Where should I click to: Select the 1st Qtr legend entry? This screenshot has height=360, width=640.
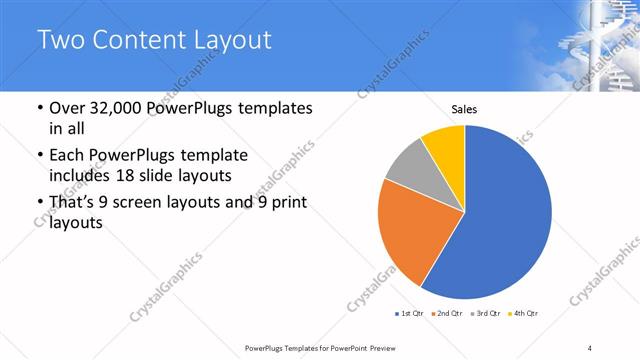[x=410, y=314]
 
